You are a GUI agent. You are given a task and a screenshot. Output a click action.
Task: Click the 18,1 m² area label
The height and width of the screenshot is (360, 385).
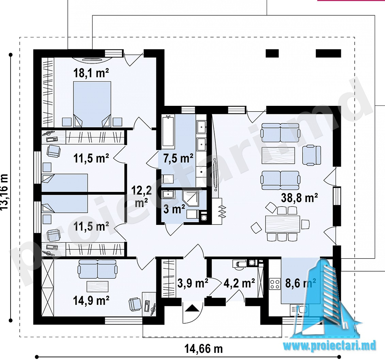coord(91,73)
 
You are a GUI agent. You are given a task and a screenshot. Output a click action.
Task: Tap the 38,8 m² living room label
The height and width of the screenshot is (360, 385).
coord(300,198)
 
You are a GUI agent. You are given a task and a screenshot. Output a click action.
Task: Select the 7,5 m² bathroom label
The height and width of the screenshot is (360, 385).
coord(178,159)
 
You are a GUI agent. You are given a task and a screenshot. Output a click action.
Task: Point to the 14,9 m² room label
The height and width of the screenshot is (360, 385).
coord(91,300)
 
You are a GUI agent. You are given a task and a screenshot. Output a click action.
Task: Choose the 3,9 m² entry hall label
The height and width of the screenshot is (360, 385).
coord(193,283)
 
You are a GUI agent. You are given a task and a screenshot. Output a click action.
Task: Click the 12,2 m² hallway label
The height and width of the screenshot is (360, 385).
coord(142,196)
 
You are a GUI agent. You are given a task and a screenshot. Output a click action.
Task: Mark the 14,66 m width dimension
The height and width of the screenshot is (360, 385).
coord(204,348)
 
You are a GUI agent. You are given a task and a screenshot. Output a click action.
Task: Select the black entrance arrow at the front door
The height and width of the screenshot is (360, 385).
coord(192,308)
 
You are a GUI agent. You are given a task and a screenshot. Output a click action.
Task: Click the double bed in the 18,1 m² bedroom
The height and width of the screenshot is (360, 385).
coord(92,104)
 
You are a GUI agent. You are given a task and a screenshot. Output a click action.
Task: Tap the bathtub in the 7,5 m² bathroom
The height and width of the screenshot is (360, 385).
coord(168,131)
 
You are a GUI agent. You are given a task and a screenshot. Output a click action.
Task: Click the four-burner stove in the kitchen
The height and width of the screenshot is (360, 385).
coord(275,283)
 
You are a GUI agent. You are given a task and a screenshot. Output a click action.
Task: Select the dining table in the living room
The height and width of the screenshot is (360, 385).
coord(283,224)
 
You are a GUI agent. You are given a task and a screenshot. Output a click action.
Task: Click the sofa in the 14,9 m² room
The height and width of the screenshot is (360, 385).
coord(97,269)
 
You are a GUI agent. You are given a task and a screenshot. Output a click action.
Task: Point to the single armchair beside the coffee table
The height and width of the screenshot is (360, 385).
coord(311,155)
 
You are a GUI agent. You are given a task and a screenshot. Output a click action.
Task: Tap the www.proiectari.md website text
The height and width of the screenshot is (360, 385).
coord(330,346)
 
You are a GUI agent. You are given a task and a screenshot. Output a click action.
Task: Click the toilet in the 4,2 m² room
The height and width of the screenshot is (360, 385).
coord(238,264)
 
